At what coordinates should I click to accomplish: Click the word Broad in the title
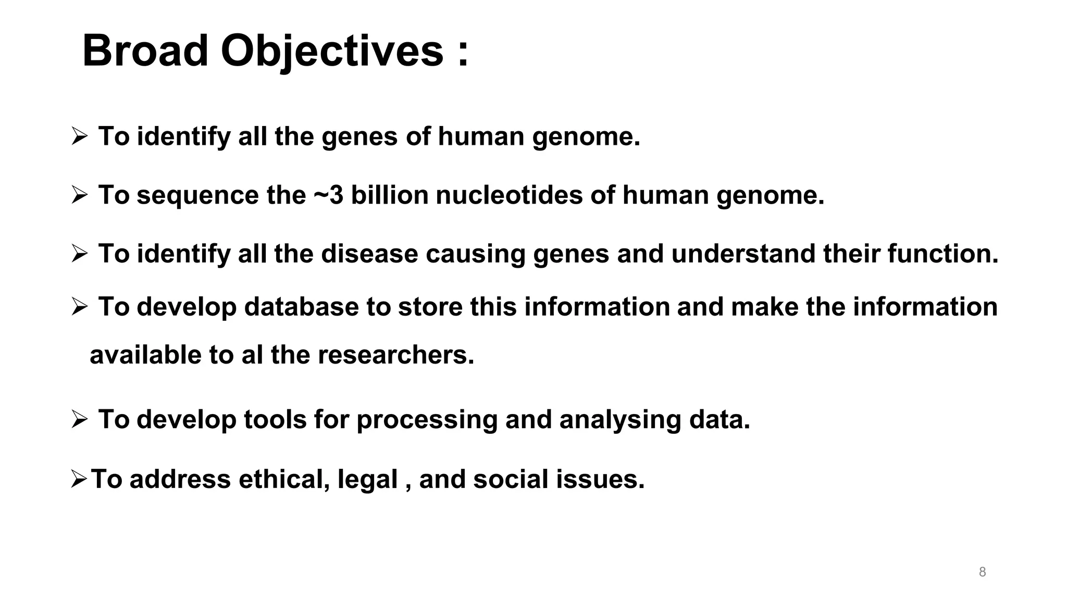coord(145,51)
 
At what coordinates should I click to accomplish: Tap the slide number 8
coord(982,572)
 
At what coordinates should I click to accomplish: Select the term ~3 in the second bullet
coord(328,195)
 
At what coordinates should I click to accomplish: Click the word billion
coord(390,195)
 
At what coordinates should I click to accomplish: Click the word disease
coord(369,254)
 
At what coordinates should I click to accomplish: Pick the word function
coord(942,254)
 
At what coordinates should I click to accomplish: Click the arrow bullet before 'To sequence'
coord(80,195)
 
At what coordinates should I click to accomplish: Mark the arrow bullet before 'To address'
coord(79,479)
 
